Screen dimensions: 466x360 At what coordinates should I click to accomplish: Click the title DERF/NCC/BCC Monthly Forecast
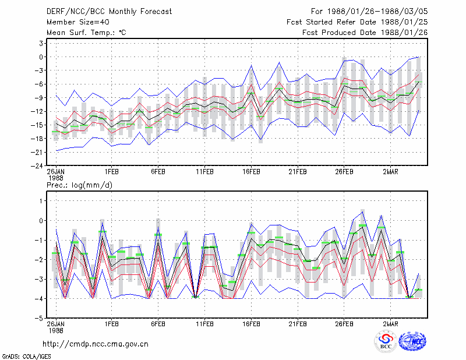[x=109, y=12]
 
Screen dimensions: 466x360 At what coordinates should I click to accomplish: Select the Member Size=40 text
[x=78, y=22]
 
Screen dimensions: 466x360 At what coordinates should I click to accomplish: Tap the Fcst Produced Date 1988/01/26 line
[x=365, y=33]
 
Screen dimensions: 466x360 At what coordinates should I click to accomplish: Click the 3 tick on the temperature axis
[x=41, y=44]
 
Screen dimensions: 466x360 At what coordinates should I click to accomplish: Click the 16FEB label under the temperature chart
[x=251, y=172]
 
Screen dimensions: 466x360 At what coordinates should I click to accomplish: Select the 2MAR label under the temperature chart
[x=390, y=172]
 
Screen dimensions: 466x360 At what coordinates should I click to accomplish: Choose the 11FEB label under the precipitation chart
[x=205, y=324]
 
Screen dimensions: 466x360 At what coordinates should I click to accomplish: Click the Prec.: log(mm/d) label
[x=80, y=185]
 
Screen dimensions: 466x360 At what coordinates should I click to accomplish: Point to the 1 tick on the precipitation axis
[x=41, y=201]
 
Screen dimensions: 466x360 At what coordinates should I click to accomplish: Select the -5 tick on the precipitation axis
[x=39, y=318]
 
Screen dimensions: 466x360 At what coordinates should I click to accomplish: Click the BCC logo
[x=386, y=341]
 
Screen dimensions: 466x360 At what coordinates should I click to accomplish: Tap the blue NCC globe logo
[x=412, y=341]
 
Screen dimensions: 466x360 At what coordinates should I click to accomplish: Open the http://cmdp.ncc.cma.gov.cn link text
[x=96, y=344]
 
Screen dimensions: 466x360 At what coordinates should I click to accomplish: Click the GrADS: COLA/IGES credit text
[x=26, y=357]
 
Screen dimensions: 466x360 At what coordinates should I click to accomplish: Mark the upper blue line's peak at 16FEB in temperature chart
[x=251, y=65]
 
